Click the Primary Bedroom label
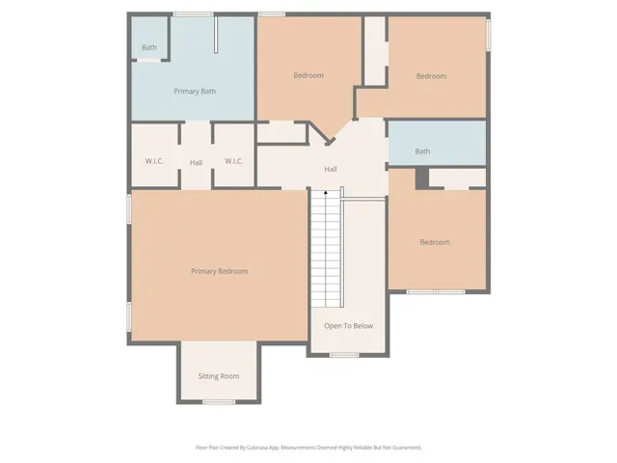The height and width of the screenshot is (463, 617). click(x=219, y=271)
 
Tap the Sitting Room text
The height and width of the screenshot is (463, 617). click(x=218, y=375)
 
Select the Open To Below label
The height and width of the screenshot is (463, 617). click(x=348, y=325)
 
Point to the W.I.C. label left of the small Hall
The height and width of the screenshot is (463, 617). click(x=154, y=161)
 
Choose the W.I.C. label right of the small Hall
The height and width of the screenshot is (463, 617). click(x=233, y=161)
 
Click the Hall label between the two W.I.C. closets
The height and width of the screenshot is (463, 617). click(x=196, y=162)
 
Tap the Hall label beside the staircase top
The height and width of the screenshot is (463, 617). click(x=330, y=169)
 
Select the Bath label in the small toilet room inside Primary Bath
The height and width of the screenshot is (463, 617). click(x=149, y=47)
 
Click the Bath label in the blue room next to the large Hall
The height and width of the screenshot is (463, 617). click(x=422, y=151)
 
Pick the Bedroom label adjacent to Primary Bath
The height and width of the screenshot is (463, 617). click(x=308, y=75)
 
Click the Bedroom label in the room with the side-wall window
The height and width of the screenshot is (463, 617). click(x=431, y=76)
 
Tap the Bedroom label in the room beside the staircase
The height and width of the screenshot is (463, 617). click(x=435, y=242)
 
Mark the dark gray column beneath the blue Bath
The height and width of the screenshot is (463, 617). click(x=421, y=177)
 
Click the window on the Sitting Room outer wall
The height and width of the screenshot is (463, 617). click(x=220, y=401)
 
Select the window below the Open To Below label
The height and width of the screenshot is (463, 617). click(x=344, y=355)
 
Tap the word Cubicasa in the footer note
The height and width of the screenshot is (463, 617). click(x=253, y=448)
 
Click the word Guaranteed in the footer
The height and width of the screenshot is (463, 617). click(x=402, y=448)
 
